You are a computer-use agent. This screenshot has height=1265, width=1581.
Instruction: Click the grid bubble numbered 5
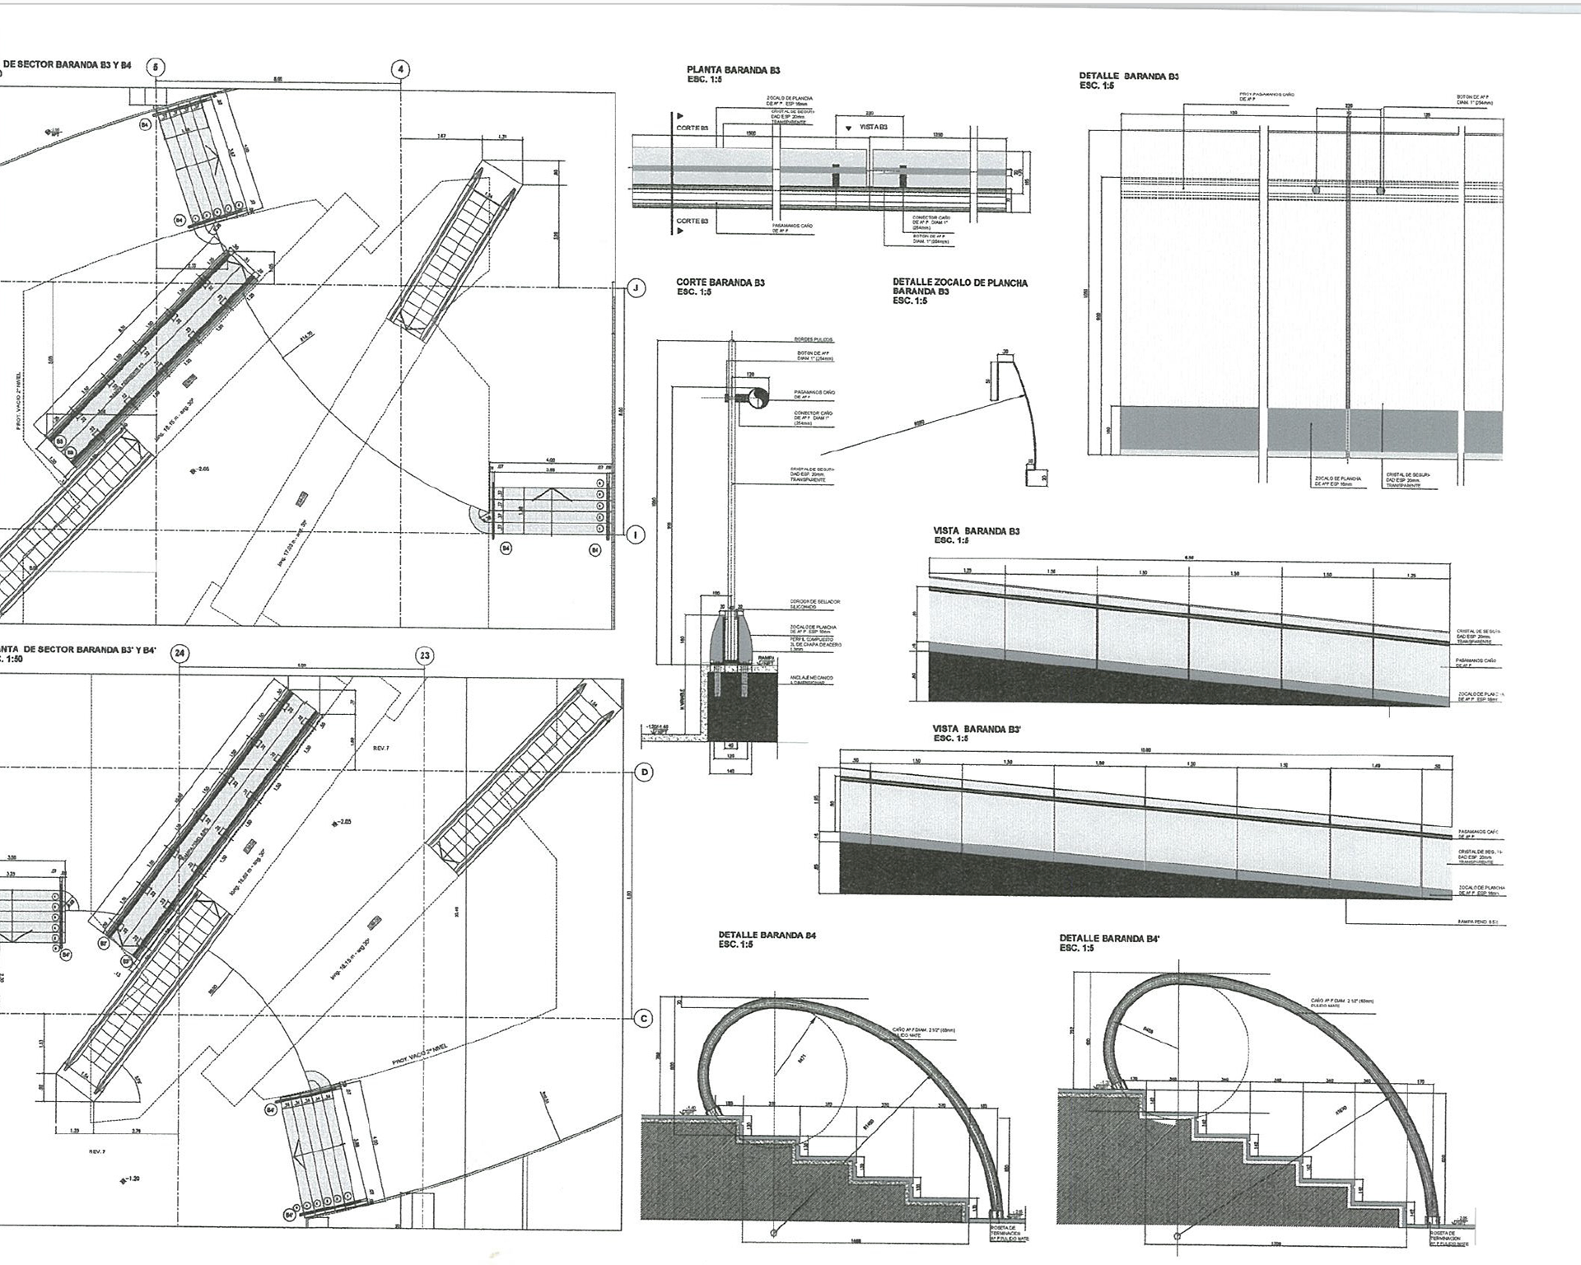156,68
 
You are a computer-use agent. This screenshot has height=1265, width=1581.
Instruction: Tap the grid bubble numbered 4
401,69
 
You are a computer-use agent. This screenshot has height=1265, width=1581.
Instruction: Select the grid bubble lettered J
636,287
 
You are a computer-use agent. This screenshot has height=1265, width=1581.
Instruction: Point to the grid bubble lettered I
636,535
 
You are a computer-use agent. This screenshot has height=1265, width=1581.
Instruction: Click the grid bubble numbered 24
180,654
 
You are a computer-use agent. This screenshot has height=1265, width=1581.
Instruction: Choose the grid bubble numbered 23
425,656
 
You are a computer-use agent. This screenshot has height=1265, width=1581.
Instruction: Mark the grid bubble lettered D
645,773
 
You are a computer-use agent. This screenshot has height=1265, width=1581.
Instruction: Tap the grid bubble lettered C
645,1019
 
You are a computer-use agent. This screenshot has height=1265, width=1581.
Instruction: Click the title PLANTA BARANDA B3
733,71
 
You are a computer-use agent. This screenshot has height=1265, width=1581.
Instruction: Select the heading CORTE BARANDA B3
721,282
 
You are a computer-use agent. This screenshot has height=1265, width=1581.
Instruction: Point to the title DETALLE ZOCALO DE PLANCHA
960,282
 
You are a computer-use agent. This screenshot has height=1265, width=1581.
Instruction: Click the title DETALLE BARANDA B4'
1109,938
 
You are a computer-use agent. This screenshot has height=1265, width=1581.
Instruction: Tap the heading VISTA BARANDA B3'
975,729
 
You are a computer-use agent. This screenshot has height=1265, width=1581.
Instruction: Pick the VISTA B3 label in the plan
873,128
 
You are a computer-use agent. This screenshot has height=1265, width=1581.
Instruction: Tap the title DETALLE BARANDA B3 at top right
1129,76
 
